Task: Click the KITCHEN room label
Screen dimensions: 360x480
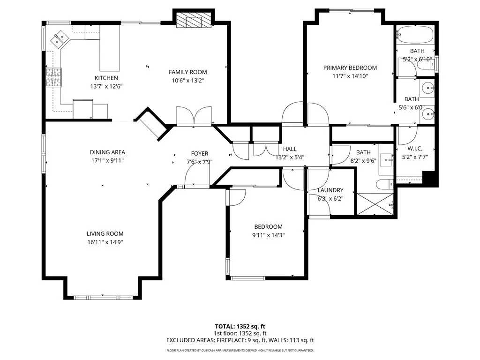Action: tap(106, 78)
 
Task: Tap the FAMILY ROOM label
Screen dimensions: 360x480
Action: tap(187, 72)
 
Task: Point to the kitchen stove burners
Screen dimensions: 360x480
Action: tap(53, 77)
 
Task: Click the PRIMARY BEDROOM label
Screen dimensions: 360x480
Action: tap(350, 68)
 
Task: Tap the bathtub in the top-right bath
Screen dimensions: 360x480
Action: tap(414, 34)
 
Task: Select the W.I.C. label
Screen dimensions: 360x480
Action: tap(415, 149)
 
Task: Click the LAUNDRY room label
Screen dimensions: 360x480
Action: tap(330, 190)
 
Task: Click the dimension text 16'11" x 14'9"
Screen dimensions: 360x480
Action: tap(105, 242)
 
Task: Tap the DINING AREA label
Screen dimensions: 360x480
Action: tap(107, 152)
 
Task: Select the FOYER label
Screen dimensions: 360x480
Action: tap(199, 154)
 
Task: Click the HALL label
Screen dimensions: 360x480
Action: tap(289, 149)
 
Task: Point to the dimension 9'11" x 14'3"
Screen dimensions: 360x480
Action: tap(268, 235)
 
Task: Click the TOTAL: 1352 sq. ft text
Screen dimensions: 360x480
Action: tap(240, 326)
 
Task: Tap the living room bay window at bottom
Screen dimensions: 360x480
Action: tap(103, 297)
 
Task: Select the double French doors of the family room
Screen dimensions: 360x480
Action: tap(194, 116)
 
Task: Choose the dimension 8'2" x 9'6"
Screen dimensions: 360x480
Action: tap(363, 160)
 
